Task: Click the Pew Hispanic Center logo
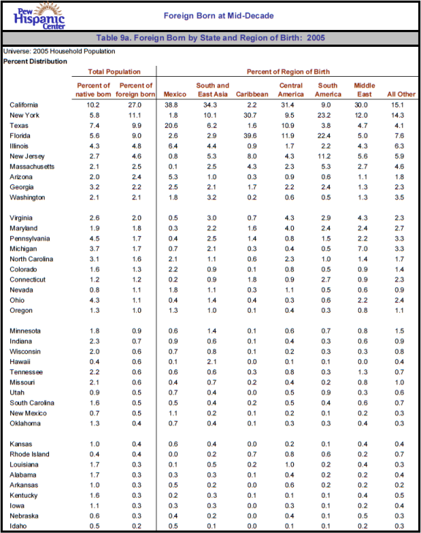(39, 15)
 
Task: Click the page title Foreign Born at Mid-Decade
(219, 15)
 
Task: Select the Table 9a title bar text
(210, 38)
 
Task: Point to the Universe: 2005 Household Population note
(59, 51)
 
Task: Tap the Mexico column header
(175, 94)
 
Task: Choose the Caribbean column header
(251, 94)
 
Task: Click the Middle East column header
(364, 90)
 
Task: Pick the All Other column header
(401, 94)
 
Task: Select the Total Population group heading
(114, 72)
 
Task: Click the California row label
(24, 105)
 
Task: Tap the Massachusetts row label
(32, 167)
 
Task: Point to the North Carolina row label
(31, 259)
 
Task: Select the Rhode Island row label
(29, 454)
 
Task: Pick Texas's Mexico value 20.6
(171, 126)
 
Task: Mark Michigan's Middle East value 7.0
(363, 249)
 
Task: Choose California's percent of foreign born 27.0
(135, 105)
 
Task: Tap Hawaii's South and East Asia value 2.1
(212, 362)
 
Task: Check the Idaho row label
(18, 526)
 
